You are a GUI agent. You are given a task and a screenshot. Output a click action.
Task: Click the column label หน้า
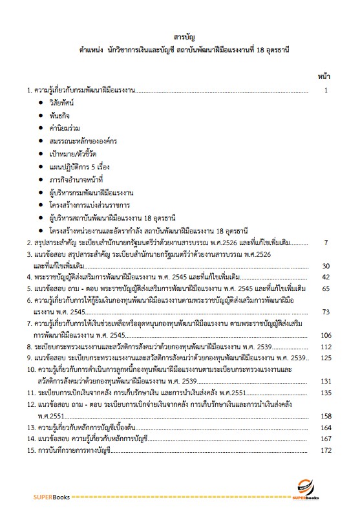coord(323,76)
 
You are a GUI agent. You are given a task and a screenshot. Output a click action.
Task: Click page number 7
coord(327,243)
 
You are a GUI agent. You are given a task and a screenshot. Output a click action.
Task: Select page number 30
coord(325,266)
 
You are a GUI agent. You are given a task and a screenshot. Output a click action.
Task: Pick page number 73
coord(325,312)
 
